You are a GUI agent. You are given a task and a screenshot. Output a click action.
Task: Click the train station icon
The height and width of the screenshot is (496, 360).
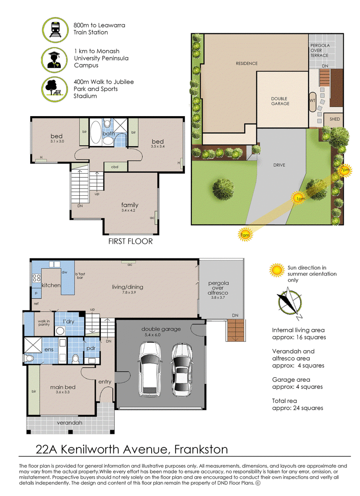(x=55, y=30)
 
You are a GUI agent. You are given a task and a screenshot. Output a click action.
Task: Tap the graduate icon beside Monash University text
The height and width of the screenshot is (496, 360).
(x=54, y=60)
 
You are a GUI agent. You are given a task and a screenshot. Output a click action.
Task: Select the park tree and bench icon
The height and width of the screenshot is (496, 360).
(x=54, y=89)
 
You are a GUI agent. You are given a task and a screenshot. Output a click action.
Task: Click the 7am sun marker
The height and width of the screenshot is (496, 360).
(x=245, y=234)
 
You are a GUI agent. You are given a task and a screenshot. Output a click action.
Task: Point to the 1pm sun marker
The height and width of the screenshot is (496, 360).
(x=299, y=198)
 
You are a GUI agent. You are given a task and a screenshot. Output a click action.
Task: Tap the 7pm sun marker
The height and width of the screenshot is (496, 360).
(x=345, y=170)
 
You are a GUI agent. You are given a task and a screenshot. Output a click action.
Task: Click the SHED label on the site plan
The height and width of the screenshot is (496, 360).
(x=335, y=119)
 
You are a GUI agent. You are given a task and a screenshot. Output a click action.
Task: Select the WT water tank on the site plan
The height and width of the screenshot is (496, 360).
(x=312, y=102)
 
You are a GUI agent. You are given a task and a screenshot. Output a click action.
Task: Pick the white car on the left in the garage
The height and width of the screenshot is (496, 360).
(x=150, y=369)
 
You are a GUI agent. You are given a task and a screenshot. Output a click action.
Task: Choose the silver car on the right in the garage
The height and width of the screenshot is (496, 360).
(x=182, y=369)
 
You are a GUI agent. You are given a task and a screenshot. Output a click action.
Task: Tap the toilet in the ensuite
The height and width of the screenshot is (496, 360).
(x=29, y=358)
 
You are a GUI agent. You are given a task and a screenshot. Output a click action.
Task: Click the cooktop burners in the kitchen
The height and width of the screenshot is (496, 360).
(x=36, y=278)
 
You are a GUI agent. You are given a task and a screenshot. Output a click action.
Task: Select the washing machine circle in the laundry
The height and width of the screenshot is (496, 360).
(x=60, y=331)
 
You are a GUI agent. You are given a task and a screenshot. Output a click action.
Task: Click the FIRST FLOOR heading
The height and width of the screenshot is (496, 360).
(x=130, y=241)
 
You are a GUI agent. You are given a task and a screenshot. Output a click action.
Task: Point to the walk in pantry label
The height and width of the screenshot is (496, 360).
(x=44, y=323)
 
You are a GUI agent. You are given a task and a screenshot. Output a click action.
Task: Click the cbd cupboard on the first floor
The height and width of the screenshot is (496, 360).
(x=115, y=167)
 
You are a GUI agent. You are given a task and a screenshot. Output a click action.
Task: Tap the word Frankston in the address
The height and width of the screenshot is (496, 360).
(x=201, y=449)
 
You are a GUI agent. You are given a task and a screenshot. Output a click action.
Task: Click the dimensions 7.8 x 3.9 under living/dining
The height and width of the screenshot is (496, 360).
(x=129, y=292)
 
